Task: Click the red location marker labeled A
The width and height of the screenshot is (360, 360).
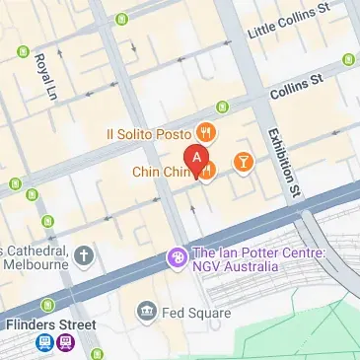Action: coord(197,158)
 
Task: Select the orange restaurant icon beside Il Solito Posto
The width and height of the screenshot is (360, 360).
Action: coord(206,131)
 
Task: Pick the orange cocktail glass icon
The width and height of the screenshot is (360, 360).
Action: coord(242,160)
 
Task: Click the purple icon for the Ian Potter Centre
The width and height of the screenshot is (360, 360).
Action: coord(177,258)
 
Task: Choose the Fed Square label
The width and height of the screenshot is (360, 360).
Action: coord(197,313)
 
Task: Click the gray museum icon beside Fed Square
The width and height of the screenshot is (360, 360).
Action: coord(148,312)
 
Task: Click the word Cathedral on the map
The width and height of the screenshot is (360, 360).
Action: coord(36,248)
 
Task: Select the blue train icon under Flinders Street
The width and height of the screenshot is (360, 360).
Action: coord(44,343)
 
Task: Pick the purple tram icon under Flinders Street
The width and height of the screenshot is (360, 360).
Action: coord(65,343)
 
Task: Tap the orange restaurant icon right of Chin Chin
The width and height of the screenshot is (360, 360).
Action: coord(208,172)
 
